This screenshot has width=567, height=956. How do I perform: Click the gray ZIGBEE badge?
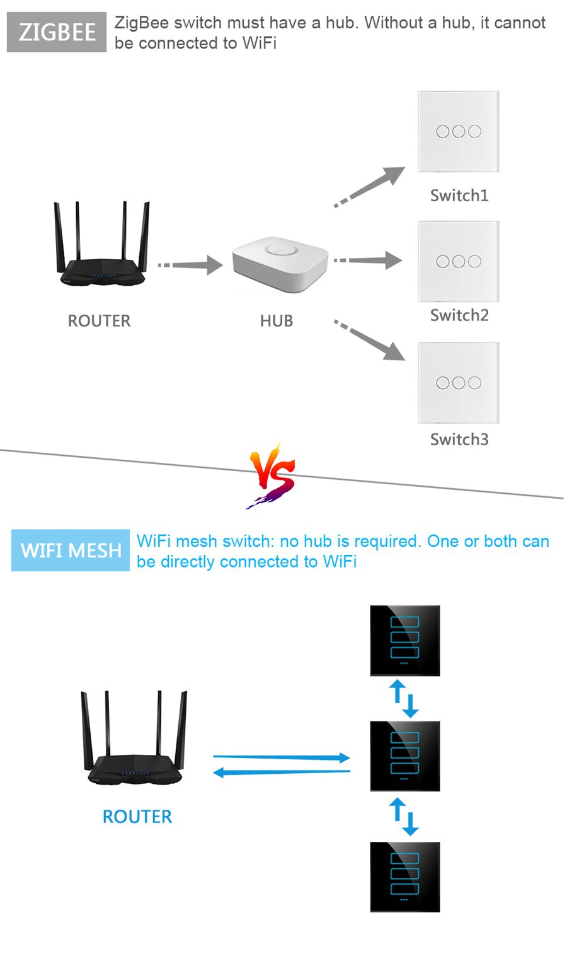[57, 32]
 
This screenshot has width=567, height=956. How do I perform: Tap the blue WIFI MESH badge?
[71, 551]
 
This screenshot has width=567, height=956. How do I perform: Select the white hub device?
[280, 265]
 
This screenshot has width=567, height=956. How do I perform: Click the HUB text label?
[277, 321]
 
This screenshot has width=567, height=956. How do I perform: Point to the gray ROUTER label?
[99, 321]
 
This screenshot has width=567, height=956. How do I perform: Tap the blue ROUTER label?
[137, 817]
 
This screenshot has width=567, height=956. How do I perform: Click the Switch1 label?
[459, 195]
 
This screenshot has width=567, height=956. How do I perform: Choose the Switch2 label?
[459, 315]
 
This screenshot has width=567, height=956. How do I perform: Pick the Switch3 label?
[459, 440]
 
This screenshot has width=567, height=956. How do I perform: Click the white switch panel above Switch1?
[459, 131]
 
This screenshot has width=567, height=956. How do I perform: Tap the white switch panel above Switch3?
[459, 383]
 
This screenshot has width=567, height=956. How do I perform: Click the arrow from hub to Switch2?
[369, 260]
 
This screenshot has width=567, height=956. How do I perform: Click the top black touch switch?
[404, 641]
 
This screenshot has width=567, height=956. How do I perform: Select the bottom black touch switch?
[404, 877]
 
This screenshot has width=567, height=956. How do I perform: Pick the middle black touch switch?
[404, 756]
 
